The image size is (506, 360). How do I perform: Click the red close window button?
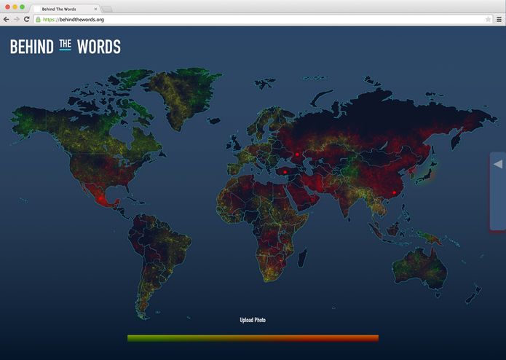(7, 7)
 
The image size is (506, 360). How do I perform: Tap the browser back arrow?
(7, 20)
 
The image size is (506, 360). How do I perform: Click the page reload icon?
(27, 20)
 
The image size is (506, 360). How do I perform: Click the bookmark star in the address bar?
(488, 20)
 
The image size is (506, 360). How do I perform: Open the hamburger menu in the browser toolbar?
(499, 20)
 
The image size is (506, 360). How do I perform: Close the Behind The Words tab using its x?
(95, 9)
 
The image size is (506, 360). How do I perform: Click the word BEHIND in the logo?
(31, 47)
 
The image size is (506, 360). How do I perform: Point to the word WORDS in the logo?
(99, 47)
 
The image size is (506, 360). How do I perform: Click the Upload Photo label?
(253, 320)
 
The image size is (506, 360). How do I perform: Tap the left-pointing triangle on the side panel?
(498, 165)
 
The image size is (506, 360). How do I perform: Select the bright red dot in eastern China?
(394, 193)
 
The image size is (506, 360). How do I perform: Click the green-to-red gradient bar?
(253, 338)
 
